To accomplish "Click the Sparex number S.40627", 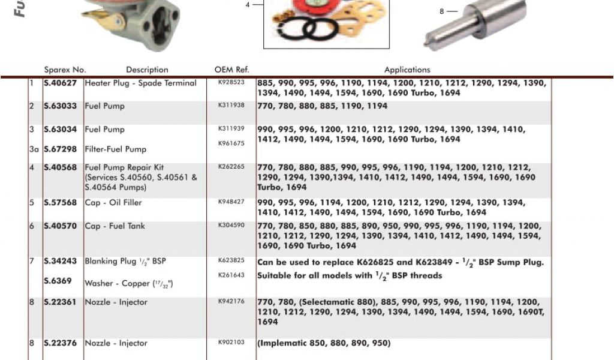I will tap(60, 83).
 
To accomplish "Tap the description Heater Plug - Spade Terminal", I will tap(140, 83).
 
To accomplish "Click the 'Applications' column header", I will tap(407, 70).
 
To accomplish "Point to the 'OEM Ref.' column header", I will tap(231, 70).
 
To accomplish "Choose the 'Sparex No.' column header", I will tap(65, 70).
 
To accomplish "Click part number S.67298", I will tap(60, 149).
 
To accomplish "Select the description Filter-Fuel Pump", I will tap(115, 149).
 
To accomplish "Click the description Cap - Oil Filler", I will tap(113, 203).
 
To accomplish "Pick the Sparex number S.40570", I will tap(60, 226).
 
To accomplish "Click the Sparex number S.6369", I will tap(58, 281).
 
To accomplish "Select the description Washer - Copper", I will tap(128, 283).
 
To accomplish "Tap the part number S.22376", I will tap(60, 343).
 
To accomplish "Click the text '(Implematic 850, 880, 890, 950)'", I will tap(324, 343).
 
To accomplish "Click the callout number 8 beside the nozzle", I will tap(442, 11).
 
